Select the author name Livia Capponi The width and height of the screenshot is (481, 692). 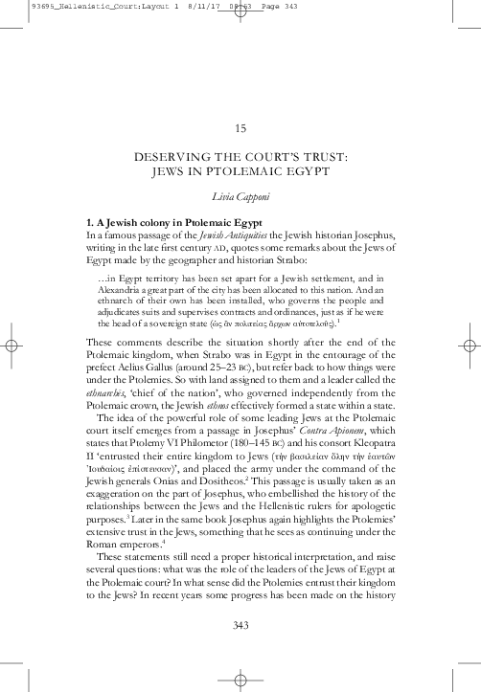tap(240, 197)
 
